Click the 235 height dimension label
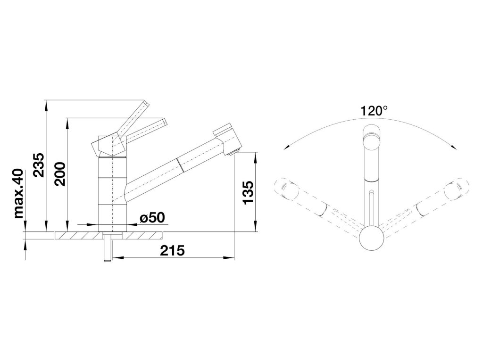[39, 165]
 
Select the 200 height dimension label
[60, 174]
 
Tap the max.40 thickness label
[19, 194]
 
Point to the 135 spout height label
[248, 193]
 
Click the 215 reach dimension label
[172, 251]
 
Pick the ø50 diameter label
[152, 218]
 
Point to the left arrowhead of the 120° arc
[286, 147]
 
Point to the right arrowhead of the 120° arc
[455, 147]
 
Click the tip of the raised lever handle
[146, 103]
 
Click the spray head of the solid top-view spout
[371, 138]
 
